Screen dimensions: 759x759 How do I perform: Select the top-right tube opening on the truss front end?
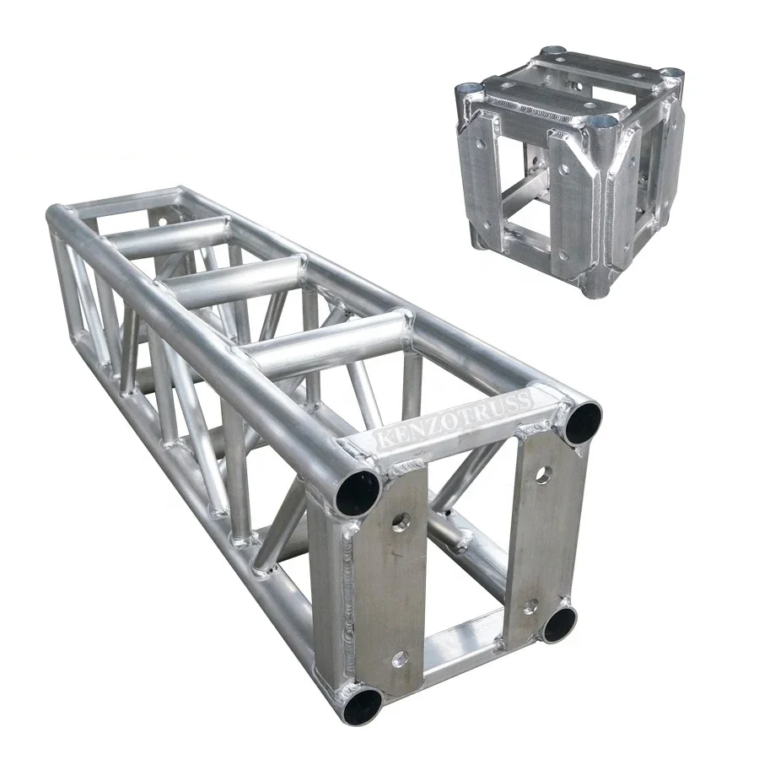coord(584,421)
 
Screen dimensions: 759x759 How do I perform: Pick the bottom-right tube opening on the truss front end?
coord(559,624)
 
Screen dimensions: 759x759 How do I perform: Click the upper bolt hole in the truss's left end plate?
coord(401,522)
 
